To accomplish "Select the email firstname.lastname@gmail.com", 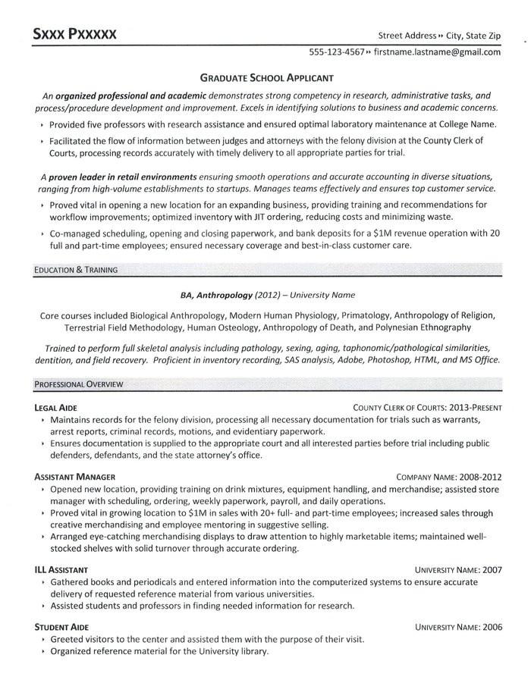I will (437, 52).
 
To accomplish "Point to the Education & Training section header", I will (75, 269).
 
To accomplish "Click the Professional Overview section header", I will (79, 384).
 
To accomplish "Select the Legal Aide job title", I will (55, 407).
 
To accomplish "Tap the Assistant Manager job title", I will (74, 477).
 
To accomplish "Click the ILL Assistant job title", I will (61, 569).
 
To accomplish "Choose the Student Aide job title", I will (61, 628).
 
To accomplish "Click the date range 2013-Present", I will (471, 407).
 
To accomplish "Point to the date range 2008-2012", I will (479, 477).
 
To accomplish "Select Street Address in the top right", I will (407, 36).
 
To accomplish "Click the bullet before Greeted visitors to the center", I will (42, 639).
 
